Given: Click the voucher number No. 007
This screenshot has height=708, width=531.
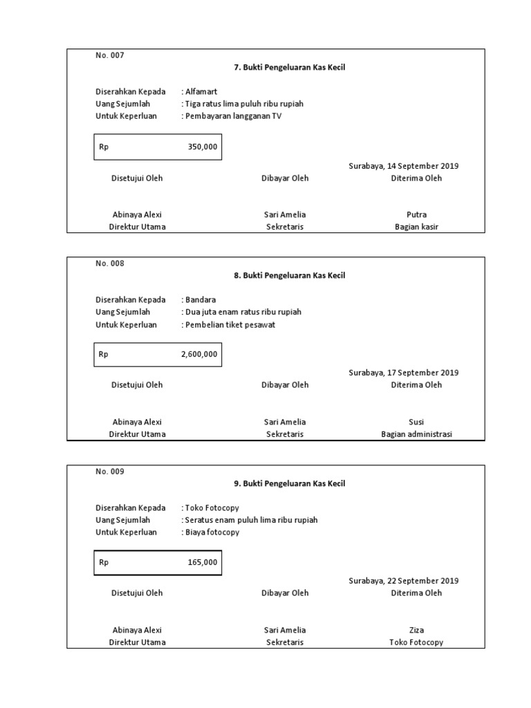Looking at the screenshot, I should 110,55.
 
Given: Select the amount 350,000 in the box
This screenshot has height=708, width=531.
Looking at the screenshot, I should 202,147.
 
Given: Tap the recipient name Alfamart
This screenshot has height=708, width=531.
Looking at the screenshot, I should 201,91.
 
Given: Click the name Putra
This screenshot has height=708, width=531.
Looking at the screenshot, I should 416,214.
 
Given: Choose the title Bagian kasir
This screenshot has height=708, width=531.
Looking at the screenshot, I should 416,227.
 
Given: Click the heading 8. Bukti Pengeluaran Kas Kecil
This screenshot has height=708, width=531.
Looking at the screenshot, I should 289,275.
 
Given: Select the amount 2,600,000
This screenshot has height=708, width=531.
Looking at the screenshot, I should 199,355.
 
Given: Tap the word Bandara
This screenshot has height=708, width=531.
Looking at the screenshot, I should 201,300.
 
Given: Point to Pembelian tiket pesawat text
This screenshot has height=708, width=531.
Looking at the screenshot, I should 230,325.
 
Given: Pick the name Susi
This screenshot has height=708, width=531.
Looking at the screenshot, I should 416,422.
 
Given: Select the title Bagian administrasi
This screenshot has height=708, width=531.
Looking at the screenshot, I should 416,434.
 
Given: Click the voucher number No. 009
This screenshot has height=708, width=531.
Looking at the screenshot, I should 110,472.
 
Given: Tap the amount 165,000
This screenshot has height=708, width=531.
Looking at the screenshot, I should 202,562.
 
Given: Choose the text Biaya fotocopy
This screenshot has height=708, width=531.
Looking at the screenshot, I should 212,532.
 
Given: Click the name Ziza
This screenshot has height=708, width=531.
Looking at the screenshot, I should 416,630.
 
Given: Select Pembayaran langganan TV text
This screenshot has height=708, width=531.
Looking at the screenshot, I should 234,116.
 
